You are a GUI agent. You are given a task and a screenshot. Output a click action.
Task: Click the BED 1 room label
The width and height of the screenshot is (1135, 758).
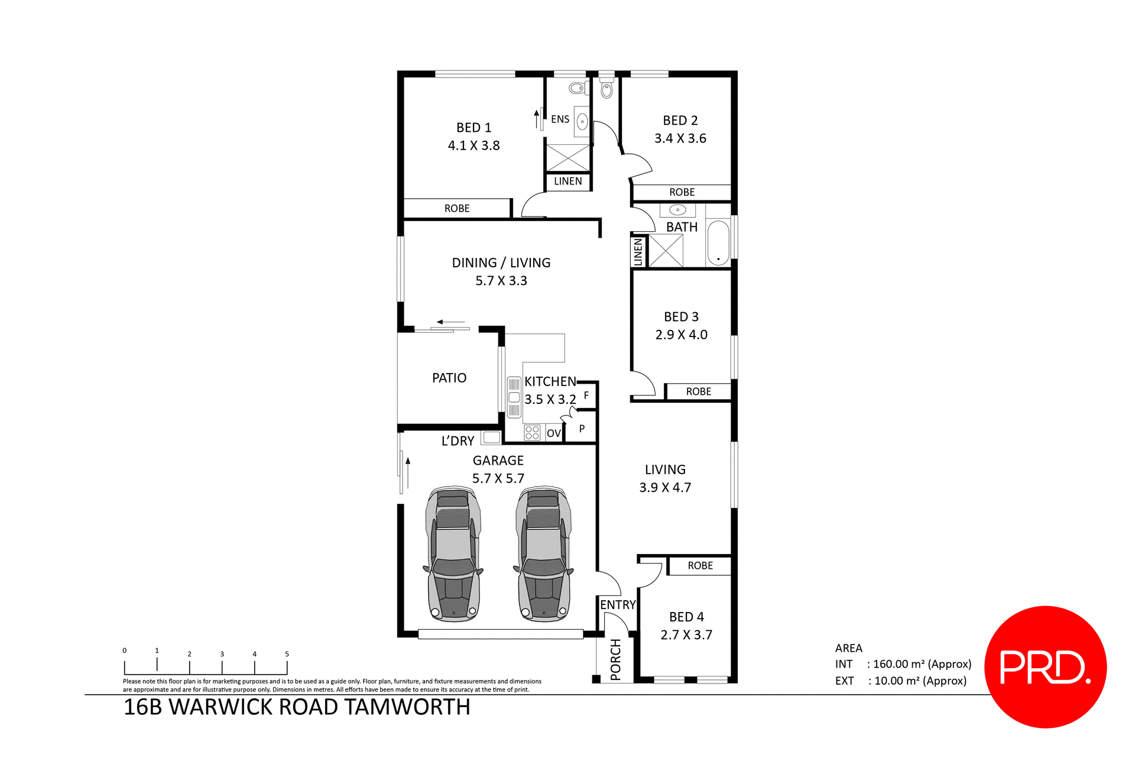[x=474, y=128]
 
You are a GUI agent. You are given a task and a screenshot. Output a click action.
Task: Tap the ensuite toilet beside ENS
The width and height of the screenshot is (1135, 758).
[x=576, y=89]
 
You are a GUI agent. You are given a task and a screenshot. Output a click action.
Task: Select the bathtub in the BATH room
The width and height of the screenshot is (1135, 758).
[x=718, y=242]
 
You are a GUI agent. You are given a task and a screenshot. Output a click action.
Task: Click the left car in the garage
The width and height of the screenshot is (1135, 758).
[x=453, y=554]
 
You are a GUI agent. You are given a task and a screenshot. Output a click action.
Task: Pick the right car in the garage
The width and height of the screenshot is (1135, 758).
[x=544, y=554]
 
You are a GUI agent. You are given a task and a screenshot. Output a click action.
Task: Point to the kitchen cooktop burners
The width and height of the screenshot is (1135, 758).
[x=532, y=433]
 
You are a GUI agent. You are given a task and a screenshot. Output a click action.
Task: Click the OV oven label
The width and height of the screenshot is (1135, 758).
[x=553, y=433]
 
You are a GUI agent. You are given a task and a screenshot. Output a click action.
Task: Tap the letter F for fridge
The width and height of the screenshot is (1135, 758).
[x=586, y=395]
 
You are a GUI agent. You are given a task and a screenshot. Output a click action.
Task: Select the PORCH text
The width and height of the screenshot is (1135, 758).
[x=615, y=659]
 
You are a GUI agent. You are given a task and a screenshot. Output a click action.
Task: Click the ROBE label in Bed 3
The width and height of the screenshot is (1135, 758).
[x=698, y=391]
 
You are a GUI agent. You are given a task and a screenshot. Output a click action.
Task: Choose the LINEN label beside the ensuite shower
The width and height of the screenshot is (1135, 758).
[x=567, y=182]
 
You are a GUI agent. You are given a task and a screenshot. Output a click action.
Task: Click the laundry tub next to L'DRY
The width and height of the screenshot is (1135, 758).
[x=491, y=438]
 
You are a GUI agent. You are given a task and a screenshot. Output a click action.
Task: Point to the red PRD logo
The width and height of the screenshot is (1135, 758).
[x=1045, y=667]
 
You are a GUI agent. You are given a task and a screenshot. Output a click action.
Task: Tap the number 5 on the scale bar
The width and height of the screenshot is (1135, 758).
[x=287, y=654]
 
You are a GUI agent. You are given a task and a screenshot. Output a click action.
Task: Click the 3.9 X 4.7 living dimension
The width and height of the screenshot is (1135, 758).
[x=665, y=488]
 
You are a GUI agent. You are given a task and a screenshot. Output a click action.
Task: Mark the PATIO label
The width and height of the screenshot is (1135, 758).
[x=449, y=378]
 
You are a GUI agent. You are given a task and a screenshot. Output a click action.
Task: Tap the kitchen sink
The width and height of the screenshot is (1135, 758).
[x=514, y=397]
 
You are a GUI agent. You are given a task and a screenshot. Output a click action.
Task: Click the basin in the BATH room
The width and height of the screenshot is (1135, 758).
[x=677, y=210]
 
